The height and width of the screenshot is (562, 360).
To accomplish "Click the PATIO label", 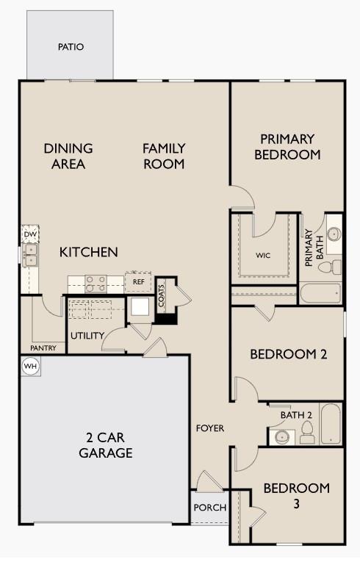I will pyautogui.click(x=71, y=47).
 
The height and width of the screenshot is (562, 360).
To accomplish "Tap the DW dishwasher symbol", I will pyautogui.click(x=29, y=234).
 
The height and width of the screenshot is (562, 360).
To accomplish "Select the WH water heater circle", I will pyautogui.click(x=29, y=366).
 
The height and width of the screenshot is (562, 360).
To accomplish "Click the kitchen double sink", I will pyautogui.click(x=31, y=255).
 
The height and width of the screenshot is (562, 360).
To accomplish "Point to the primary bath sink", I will pyautogui.click(x=334, y=235).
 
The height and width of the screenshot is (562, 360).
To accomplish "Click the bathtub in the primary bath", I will pyautogui.click(x=320, y=294).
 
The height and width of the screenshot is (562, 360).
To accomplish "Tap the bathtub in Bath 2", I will pyautogui.click(x=331, y=424).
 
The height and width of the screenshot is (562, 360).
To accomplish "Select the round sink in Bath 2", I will pyautogui.click(x=281, y=437).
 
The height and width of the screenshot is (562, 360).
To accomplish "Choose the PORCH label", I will pyautogui.click(x=209, y=508).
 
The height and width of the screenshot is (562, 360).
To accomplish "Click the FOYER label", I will pyautogui.click(x=209, y=428).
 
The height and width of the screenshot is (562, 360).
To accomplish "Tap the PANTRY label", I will pyautogui.click(x=44, y=347).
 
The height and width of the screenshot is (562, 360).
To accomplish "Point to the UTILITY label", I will pyautogui.click(x=85, y=336).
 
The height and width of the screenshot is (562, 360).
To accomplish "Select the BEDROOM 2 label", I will pyautogui.click(x=288, y=354).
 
